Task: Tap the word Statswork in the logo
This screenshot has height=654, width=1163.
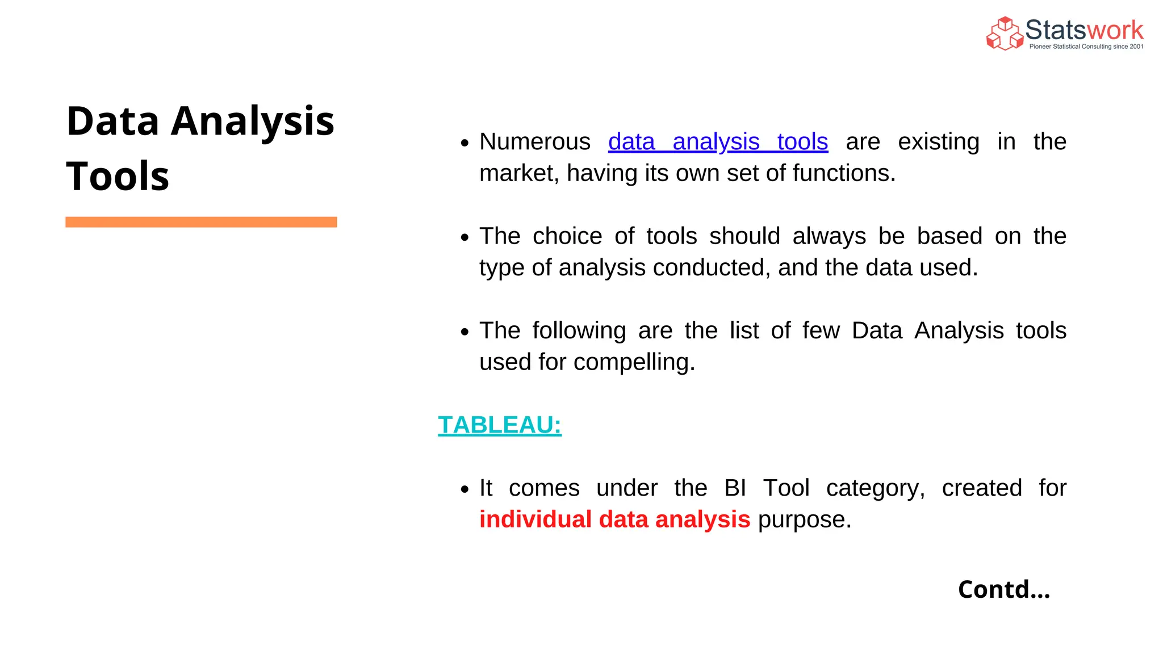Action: (x=1084, y=30)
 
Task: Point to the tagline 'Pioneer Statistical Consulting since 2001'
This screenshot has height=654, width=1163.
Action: (x=1086, y=47)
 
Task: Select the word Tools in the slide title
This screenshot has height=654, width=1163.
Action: (x=118, y=176)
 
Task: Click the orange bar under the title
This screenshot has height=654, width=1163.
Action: (x=201, y=222)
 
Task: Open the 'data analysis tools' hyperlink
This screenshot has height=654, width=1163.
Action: (x=718, y=142)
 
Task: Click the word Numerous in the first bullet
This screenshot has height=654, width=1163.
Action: (x=534, y=142)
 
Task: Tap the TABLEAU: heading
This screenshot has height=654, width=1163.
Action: (x=500, y=425)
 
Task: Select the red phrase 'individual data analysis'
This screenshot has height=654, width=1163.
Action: (x=614, y=519)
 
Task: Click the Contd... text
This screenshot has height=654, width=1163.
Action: (x=1003, y=589)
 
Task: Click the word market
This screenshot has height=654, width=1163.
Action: (x=518, y=174)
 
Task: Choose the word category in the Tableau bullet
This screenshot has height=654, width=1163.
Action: (x=875, y=488)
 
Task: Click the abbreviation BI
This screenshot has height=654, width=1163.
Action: (x=735, y=488)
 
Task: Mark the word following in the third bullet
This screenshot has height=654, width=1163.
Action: (x=579, y=331)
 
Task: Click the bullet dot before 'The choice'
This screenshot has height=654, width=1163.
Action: (x=465, y=237)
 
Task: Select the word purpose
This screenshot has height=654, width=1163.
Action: (x=804, y=520)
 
